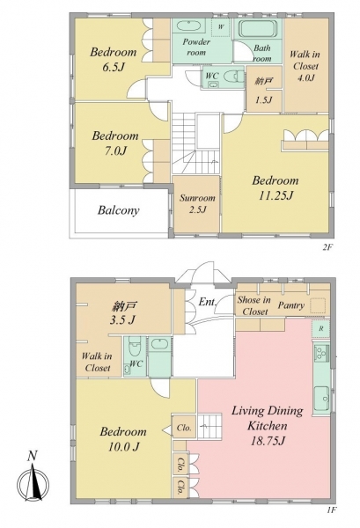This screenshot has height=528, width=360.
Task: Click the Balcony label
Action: click(118, 210)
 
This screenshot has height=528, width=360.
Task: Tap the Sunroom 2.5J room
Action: click(196, 204)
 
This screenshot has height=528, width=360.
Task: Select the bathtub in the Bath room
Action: click(258, 29)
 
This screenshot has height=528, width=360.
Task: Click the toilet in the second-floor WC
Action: click(235, 76)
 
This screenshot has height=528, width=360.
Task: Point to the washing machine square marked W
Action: click(220, 27)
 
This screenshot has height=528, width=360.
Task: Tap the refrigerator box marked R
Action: click(320, 328)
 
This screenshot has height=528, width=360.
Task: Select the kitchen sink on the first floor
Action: click(321, 398)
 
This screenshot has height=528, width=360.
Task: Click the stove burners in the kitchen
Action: click(321, 354)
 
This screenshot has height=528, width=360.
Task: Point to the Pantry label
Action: click(291, 305)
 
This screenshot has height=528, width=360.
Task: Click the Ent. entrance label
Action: click(207, 302)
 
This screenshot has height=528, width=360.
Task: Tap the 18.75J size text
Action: click(268, 441)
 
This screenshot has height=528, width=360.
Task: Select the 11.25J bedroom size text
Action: click(276, 195)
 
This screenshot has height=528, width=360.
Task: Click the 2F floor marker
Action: click(327, 248)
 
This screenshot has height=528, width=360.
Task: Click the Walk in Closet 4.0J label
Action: click(305, 66)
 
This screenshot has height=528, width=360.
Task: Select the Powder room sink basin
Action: click(188, 26)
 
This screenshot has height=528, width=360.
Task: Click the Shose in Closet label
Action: click(253, 305)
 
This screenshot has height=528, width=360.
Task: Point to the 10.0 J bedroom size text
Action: click(123, 447)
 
